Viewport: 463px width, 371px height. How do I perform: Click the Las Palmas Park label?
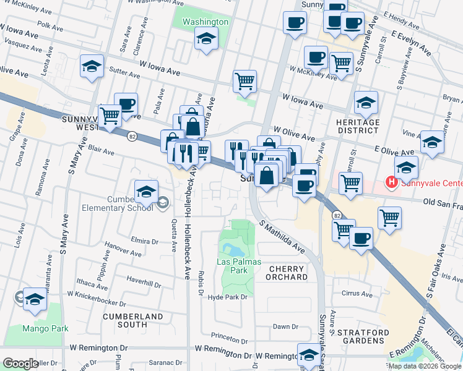[232, 266]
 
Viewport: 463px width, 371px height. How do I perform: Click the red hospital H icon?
[391, 182]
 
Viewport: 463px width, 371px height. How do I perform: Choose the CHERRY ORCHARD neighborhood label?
[287, 273]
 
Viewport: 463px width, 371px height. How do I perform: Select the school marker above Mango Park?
[35, 300]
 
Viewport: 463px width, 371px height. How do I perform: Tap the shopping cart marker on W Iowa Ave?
[245, 81]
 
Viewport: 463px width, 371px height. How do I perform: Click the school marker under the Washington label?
[206, 41]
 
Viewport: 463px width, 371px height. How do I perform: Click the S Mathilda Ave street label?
[282, 238]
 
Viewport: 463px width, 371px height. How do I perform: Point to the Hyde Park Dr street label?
[228, 297]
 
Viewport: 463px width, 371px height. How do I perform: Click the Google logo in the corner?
[20, 364]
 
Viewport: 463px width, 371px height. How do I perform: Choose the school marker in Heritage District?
[366, 102]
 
